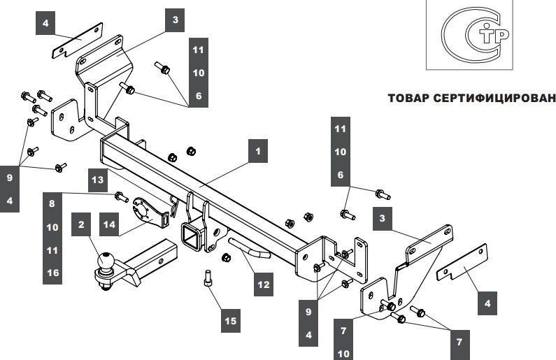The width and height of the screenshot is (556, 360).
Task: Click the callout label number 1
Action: pos(257,150)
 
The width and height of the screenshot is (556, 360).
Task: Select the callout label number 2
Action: pos(81,224)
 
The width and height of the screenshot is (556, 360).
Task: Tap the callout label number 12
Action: pos(262,285)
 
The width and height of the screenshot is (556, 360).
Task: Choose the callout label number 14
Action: pos(109,224)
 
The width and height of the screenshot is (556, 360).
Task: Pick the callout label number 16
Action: pos(52,273)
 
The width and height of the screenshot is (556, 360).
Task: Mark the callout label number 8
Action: pos(52,203)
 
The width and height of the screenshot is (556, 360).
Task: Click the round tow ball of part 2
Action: pos(106,261)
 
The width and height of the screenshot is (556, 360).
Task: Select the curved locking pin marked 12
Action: pos(246,247)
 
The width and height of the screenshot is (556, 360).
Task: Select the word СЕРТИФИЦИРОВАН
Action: pos(490,99)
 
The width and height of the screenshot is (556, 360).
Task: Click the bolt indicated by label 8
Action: pos(120,195)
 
